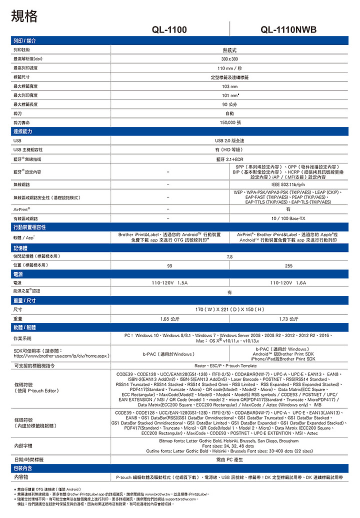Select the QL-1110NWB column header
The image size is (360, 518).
coord(288,30)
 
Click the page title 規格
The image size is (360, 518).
coord(24,16)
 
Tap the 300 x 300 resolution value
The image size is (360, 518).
coord(229,59)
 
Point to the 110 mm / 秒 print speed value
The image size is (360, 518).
coord(229,68)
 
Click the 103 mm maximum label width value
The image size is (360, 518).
coord(229,86)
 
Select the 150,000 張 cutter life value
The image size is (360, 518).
coord(229,122)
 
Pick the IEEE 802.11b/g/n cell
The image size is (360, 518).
coord(288,184)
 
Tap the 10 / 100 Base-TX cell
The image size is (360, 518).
coord(288,218)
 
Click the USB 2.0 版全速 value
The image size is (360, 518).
coord(229,141)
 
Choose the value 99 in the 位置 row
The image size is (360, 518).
coord(170,265)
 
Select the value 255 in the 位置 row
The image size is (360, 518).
coord(288,265)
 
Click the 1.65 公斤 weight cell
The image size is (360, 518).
coord(170,318)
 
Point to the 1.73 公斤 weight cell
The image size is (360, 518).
coord(288,318)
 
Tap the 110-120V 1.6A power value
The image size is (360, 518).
coord(288,282)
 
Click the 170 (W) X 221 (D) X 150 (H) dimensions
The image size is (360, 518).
coord(229,309)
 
